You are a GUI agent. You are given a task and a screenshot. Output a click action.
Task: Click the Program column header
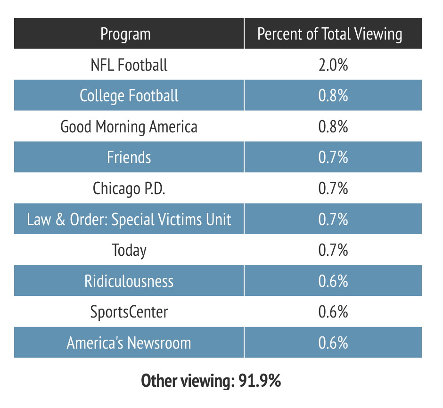(126, 34)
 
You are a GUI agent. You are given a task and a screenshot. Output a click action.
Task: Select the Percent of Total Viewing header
(330, 34)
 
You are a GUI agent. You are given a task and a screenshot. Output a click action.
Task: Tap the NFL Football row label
(129, 65)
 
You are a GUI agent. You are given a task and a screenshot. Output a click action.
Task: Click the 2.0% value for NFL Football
(333, 65)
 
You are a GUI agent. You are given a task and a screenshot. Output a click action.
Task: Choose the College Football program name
(129, 96)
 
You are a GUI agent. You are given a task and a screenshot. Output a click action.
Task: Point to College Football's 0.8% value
(333, 96)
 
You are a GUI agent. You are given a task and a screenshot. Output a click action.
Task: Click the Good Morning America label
(129, 126)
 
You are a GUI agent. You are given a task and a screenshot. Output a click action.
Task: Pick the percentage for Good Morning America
(333, 126)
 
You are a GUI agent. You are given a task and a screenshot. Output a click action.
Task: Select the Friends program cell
(129, 157)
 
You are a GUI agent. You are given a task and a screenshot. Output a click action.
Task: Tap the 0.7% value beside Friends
(333, 157)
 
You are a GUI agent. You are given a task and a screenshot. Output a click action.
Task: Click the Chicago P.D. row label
(129, 188)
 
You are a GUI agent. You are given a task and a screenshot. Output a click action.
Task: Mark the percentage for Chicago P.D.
(333, 188)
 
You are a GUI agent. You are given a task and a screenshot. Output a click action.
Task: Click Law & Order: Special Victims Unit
(129, 219)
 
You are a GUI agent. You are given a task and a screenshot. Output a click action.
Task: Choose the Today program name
(129, 250)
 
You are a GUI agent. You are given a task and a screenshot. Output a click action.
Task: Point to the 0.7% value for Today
(333, 250)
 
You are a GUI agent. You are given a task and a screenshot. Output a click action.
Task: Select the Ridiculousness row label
(129, 281)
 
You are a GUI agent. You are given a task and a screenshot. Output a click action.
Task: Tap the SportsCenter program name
(129, 311)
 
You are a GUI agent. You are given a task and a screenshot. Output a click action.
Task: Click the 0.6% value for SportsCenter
(333, 311)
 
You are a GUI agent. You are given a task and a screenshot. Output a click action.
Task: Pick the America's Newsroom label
(129, 343)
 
